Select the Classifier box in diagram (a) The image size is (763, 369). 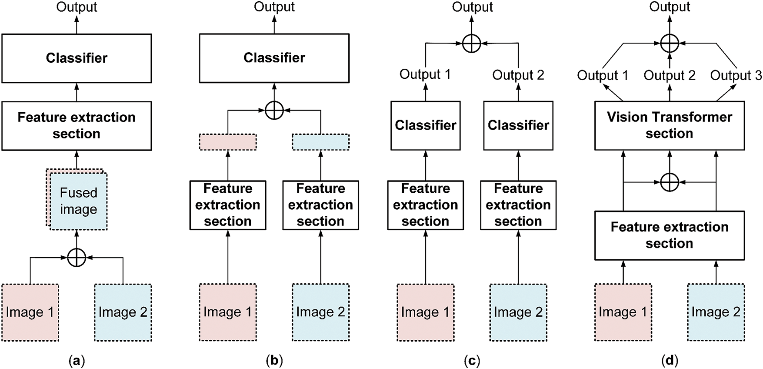point(77,58)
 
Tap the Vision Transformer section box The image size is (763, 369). point(670,126)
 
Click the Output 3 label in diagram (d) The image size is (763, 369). point(736,75)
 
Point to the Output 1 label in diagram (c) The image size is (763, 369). point(425,74)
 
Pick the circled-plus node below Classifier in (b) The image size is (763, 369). point(274,111)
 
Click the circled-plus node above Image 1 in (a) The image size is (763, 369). point(77,258)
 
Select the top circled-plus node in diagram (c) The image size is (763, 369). point(472,44)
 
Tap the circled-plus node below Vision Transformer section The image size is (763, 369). point(670,182)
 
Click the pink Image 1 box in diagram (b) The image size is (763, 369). point(228,312)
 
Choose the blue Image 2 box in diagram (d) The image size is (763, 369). point(716,312)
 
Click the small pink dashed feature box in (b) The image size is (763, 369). point(228,142)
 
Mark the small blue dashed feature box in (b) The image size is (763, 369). point(320,142)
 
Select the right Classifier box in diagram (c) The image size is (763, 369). point(518,126)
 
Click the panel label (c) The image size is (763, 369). point(472,361)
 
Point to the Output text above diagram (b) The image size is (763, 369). point(274,7)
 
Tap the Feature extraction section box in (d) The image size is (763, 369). point(670,235)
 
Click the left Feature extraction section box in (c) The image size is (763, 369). point(425,205)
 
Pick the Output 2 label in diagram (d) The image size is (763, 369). point(670,75)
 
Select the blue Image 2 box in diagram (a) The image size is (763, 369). point(123,312)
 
